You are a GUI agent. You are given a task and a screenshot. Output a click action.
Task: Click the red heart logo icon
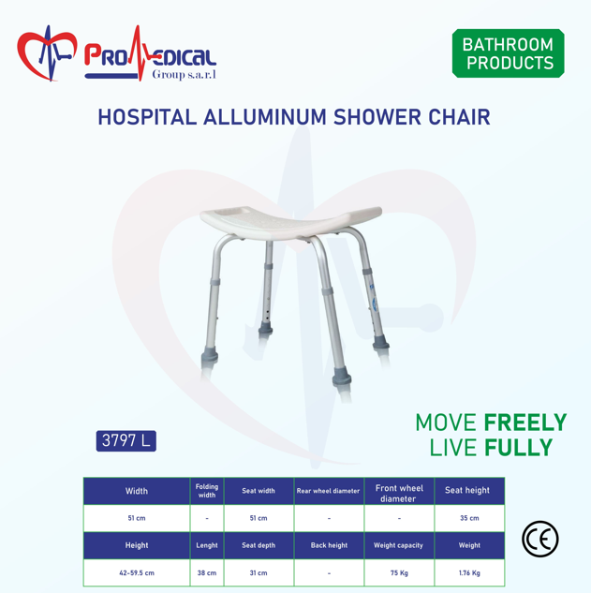pyautogui.click(x=47, y=53)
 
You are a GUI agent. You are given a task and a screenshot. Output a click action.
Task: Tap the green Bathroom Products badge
pyautogui.click(x=509, y=53)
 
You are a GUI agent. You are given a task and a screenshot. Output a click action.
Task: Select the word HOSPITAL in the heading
pyautogui.click(x=147, y=117)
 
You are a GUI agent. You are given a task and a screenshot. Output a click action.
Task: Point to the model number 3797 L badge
pyautogui.click(x=126, y=441)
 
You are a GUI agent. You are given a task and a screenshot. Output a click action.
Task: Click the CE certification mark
pyautogui.click(x=539, y=539)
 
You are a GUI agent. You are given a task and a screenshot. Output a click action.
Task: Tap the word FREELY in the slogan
pyautogui.click(x=525, y=423)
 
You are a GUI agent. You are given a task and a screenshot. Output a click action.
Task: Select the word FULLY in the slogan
pyautogui.click(x=518, y=448)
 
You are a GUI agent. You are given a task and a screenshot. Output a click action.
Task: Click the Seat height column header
pyautogui.click(x=467, y=491)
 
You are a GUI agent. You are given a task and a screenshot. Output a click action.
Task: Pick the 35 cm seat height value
pyautogui.click(x=469, y=518)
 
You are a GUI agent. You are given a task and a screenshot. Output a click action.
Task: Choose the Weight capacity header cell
pyautogui.click(x=399, y=545)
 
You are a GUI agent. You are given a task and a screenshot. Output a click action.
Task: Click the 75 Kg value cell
pyautogui.click(x=399, y=573)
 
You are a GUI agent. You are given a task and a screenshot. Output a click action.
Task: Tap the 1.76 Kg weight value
pyautogui.click(x=469, y=573)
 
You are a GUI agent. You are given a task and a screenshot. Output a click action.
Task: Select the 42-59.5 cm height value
pyautogui.click(x=137, y=573)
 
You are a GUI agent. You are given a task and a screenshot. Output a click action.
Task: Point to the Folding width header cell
pyautogui.click(x=207, y=491)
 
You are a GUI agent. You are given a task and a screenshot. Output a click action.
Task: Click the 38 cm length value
pyautogui.click(x=207, y=573)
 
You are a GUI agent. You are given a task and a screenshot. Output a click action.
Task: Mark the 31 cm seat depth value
pyautogui.click(x=259, y=573)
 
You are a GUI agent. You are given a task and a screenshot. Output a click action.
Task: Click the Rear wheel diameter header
pyautogui.click(x=328, y=491)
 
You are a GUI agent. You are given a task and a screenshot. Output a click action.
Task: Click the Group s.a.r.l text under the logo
pyautogui.click(x=185, y=74)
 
